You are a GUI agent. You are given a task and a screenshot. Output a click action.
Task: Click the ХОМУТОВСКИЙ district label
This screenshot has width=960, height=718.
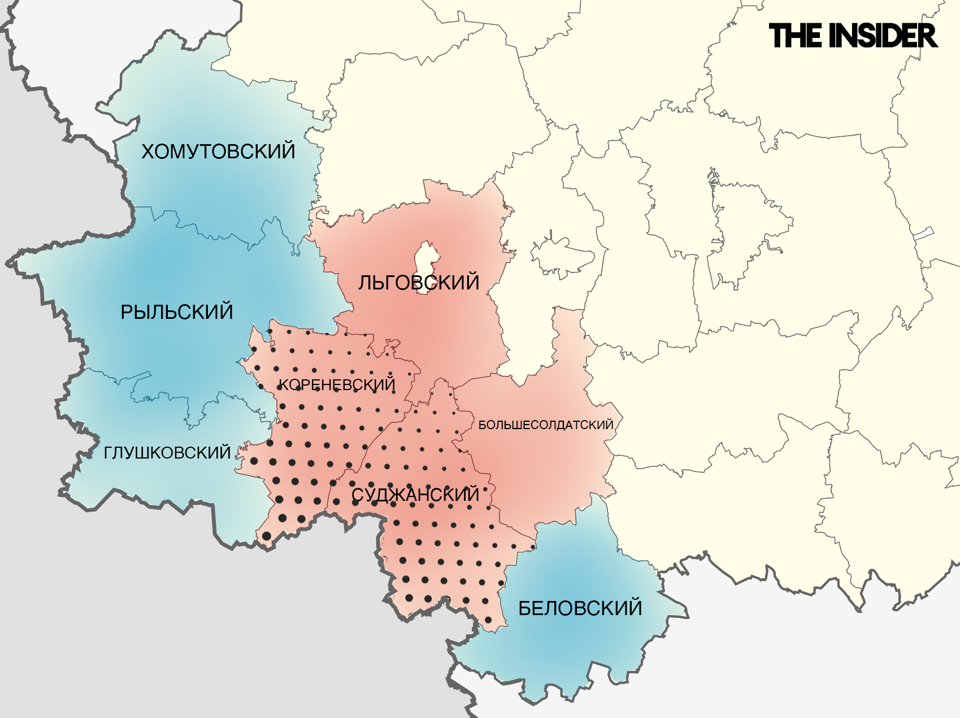(x=218, y=152)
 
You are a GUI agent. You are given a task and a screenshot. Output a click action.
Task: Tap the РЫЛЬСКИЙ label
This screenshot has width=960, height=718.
(x=177, y=312)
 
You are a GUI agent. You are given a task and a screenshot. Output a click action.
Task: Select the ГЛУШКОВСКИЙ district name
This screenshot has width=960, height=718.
(x=167, y=453)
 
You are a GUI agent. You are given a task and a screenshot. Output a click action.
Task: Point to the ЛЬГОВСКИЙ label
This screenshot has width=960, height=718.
(x=419, y=283)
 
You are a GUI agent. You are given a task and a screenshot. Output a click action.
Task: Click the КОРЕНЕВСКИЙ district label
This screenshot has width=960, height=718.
(x=337, y=385)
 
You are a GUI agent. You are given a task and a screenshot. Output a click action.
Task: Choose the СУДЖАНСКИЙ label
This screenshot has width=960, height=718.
(x=415, y=495)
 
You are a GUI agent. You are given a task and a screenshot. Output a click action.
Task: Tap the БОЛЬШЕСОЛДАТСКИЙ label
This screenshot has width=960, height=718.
(x=546, y=425)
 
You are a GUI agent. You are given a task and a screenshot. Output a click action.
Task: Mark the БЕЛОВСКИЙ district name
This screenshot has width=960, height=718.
(x=580, y=608)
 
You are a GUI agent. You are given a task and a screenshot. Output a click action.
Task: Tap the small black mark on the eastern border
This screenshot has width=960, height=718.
(x=924, y=233)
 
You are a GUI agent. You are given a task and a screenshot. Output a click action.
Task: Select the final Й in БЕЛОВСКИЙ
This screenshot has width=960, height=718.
(x=635, y=607)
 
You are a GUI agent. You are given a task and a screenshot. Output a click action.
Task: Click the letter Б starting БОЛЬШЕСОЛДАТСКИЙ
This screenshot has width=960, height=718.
(x=482, y=425)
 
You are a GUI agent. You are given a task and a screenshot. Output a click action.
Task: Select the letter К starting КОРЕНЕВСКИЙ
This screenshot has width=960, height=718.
(x=283, y=385)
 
